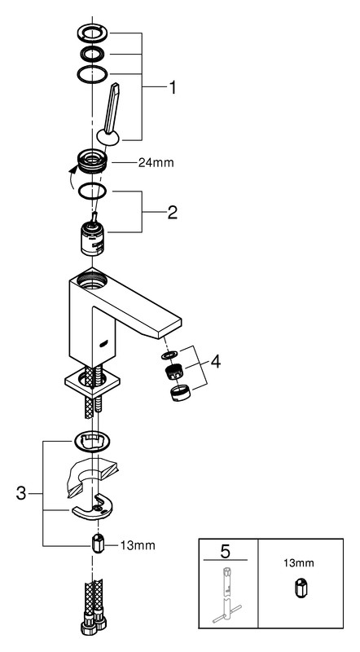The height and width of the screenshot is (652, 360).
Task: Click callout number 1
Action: coord(172,88)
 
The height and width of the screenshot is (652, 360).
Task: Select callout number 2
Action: coord(173,212)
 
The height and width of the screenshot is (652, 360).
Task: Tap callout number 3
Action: coord(21,494)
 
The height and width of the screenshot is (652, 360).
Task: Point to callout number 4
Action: coord(215,362)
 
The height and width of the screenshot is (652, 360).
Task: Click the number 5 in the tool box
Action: coord(225,552)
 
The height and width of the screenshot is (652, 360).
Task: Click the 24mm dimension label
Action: coord(156,163)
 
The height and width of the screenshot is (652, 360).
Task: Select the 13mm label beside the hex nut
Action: coord(138,545)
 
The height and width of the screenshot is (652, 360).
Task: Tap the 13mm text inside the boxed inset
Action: coord(299,563)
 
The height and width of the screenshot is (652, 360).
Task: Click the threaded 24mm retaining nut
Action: coord(92,161)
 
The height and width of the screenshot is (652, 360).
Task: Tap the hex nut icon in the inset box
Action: coord(301,589)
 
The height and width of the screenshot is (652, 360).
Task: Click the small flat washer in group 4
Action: coord(169,356)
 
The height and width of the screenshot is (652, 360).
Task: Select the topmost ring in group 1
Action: coord(93,33)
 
